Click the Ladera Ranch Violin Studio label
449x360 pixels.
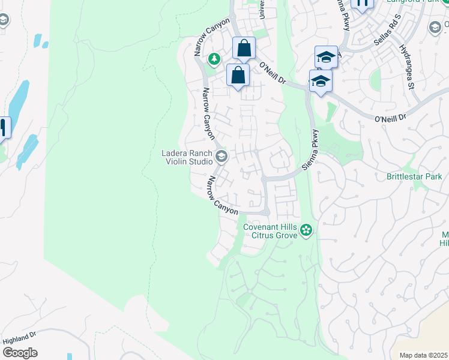point(187,157)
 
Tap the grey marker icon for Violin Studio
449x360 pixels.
point(221,157)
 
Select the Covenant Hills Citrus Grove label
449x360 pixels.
point(270,231)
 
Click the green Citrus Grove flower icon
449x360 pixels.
point(306,230)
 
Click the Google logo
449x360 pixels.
point(20,353)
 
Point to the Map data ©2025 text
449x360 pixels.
point(423,355)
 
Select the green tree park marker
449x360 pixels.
point(214,59)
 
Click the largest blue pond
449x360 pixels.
point(18,99)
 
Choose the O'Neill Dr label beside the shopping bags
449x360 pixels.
point(274,71)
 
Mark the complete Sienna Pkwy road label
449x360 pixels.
point(313,150)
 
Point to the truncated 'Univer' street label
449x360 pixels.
point(261,8)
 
